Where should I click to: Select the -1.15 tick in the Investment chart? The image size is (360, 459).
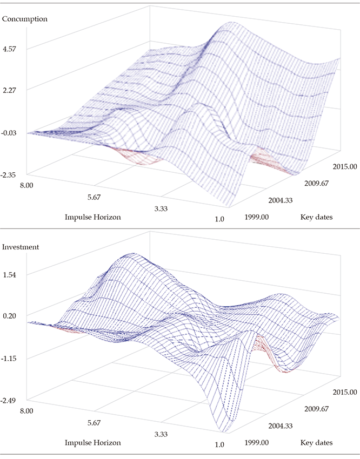(10, 358)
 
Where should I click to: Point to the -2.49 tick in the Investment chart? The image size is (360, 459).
(10, 400)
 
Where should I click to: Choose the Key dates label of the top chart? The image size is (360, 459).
(316, 217)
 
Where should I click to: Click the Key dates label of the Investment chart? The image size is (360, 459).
(316, 443)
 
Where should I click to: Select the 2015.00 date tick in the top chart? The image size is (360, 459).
(344, 166)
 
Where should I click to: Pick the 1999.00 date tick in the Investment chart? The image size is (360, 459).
(257, 442)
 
